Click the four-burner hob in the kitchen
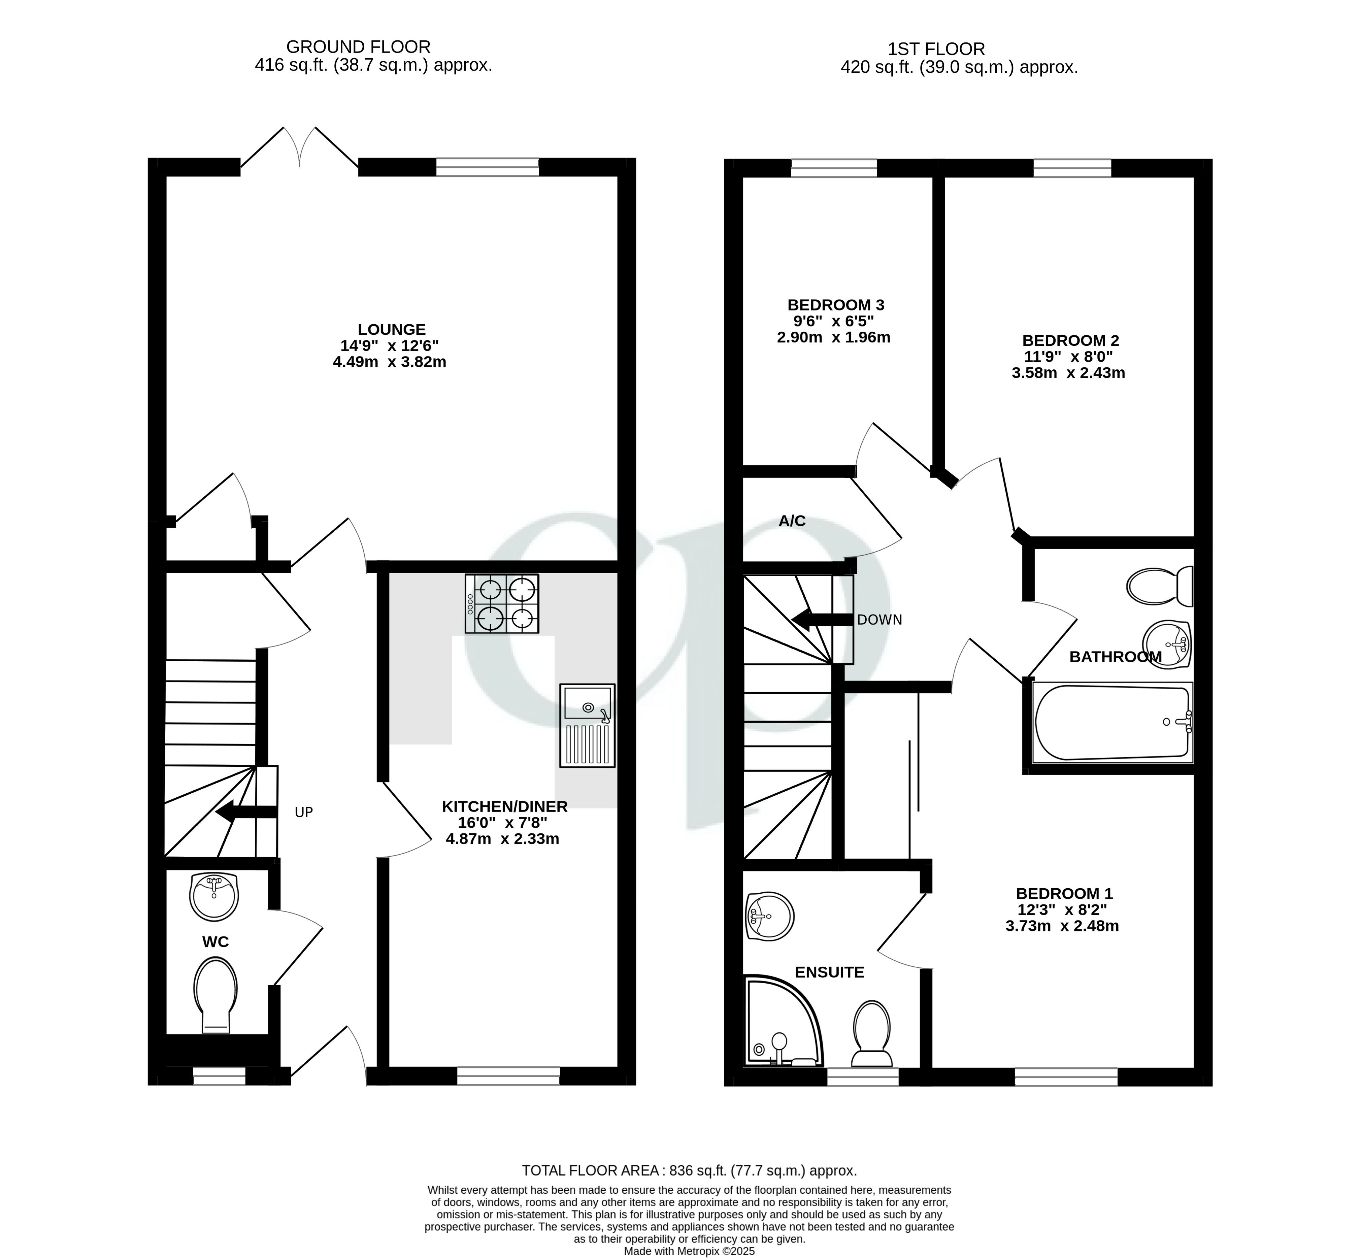point(502,604)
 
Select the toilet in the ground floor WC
point(215,994)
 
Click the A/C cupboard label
point(792,521)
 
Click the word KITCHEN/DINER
point(504,806)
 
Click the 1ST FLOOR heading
point(936,49)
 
